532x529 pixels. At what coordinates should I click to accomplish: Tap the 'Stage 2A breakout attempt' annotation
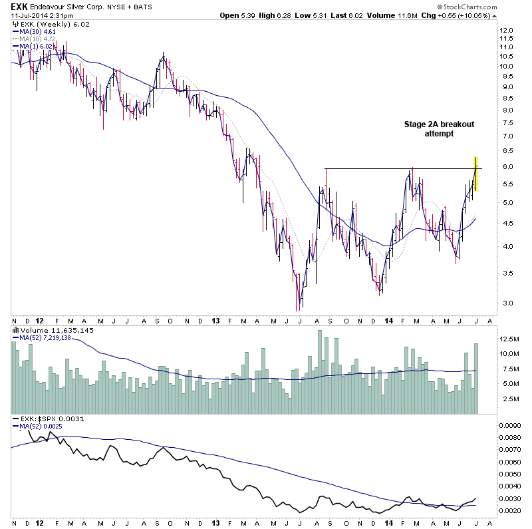click(x=440, y=129)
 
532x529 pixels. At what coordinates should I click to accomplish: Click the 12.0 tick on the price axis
click(x=507, y=31)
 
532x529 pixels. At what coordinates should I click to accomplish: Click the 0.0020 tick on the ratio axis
click(x=511, y=510)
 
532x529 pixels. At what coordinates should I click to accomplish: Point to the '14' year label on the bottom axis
click(x=390, y=320)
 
